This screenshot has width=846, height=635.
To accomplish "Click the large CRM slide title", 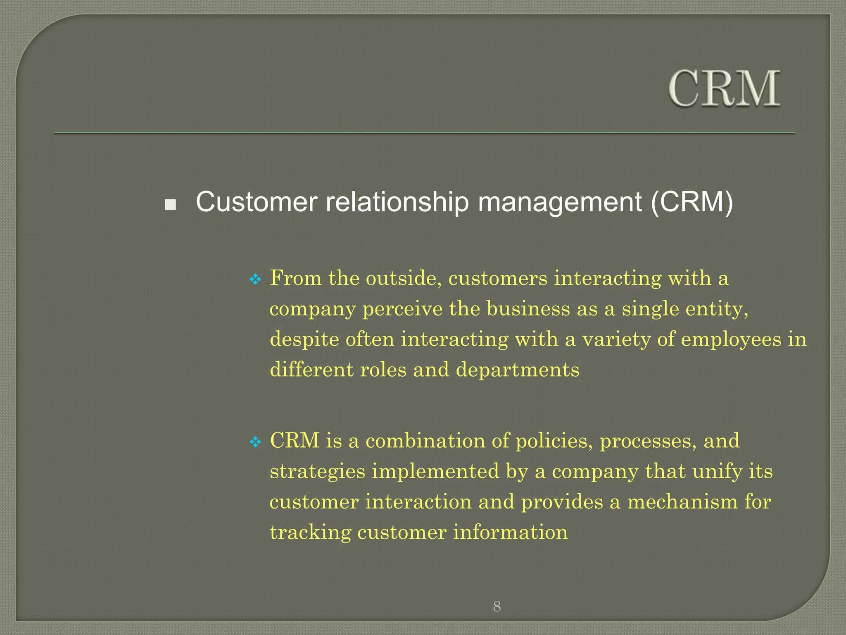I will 724,89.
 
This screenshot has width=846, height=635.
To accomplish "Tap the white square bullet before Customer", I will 170,205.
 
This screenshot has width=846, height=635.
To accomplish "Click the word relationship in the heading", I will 397,202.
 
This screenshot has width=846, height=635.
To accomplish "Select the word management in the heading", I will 560,202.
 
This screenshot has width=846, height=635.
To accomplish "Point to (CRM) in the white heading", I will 692,202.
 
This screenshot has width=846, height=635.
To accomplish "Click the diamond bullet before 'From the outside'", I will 256,279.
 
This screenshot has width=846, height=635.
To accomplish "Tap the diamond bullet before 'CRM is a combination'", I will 256,442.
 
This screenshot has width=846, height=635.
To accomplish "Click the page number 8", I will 497,607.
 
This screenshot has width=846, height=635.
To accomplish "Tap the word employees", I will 731,340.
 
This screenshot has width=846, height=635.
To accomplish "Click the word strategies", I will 317,472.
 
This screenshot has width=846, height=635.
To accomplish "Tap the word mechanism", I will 682,502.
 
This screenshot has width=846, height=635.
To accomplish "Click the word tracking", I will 310,532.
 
